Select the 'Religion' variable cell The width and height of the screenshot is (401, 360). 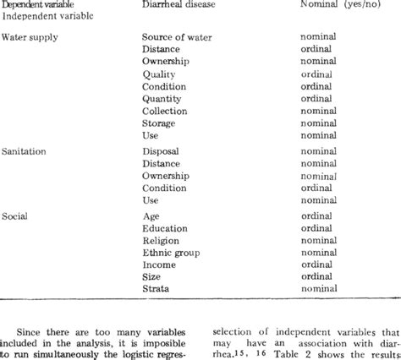[x=162, y=240]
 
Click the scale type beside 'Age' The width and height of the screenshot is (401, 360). [x=316, y=216]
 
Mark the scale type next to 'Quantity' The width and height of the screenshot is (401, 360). [x=316, y=97]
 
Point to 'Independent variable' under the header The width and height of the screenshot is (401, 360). [x=39, y=16]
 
